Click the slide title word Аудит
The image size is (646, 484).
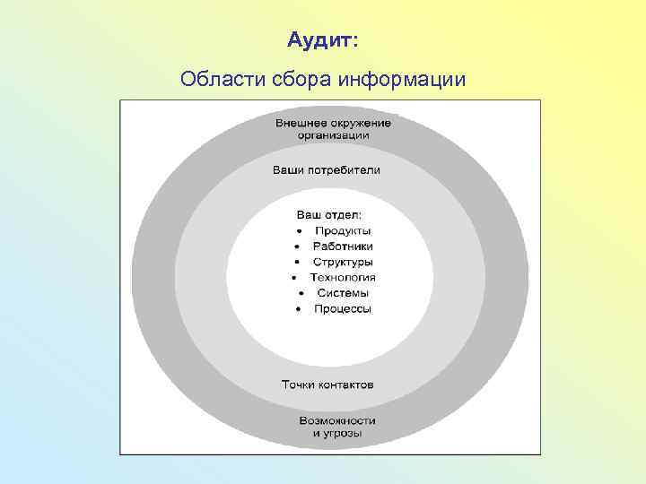[x=321, y=40]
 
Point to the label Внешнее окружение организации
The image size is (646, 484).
[x=333, y=128]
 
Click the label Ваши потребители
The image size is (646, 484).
[x=327, y=169]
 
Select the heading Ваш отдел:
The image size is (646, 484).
[x=329, y=214]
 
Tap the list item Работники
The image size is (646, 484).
[x=343, y=246]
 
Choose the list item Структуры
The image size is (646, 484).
[x=343, y=262]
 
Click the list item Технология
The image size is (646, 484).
[x=343, y=277]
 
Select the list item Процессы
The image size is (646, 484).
[x=343, y=308]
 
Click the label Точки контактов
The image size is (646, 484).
[x=327, y=385]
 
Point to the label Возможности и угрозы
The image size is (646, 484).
[x=337, y=427]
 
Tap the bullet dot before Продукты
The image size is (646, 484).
[x=300, y=231]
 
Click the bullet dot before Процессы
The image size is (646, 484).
[x=298, y=309]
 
